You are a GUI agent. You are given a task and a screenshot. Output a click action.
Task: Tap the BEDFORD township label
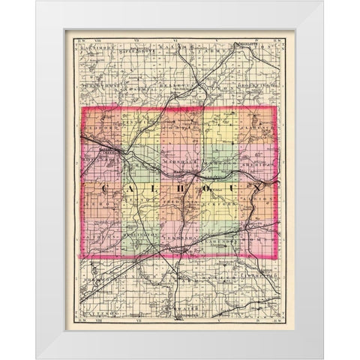pos(97,136)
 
